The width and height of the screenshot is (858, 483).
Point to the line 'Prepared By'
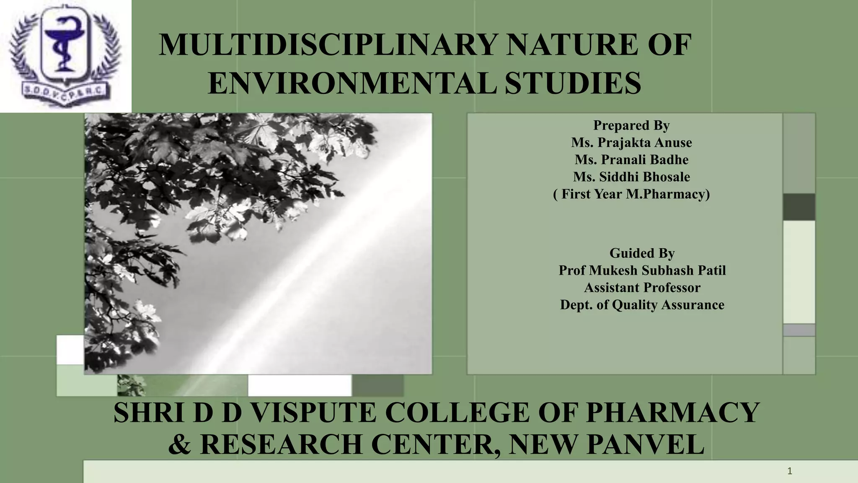tap(631, 125)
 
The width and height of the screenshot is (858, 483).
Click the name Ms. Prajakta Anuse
tap(631, 143)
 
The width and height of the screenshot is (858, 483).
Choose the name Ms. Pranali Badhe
tap(631, 160)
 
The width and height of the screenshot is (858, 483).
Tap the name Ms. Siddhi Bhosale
tap(631, 177)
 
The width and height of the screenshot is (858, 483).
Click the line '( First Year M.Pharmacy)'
tap(631, 194)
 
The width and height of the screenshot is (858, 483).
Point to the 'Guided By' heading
tap(642, 253)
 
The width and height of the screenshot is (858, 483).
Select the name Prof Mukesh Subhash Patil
tap(642, 270)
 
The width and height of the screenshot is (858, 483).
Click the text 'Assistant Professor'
tap(642, 288)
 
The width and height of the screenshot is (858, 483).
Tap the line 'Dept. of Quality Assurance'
tap(642, 305)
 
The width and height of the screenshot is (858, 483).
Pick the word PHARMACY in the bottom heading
tap(672, 413)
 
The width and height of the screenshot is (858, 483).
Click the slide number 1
tap(790, 471)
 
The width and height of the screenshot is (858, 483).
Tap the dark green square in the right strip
tap(799, 207)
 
